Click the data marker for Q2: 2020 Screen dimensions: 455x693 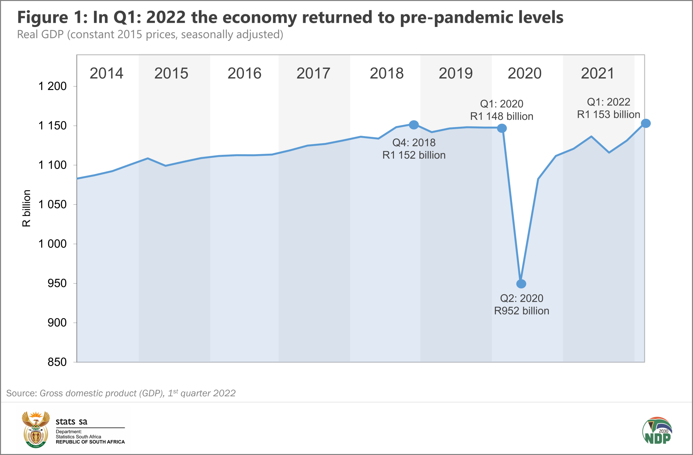(x=521, y=284)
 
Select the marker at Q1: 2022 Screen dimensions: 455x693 (x=646, y=123)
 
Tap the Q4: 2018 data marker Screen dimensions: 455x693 (x=414, y=125)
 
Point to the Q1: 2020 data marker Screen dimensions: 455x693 (x=502, y=128)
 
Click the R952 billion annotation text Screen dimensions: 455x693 (x=521, y=311)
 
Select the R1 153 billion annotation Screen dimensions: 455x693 (x=608, y=115)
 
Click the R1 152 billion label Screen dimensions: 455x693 (x=414, y=155)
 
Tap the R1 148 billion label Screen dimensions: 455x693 (x=501, y=116)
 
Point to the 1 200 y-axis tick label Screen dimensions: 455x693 (x=52, y=86)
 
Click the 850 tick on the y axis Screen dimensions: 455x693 (x=57, y=362)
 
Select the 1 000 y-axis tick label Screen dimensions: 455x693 (x=52, y=244)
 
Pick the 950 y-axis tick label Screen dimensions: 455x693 (x=57, y=283)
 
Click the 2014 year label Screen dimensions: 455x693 (x=106, y=73)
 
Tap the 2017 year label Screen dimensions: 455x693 (x=313, y=73)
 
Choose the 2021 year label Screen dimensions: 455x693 (x=597, y=73)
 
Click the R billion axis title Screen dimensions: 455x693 (x=26, y=208)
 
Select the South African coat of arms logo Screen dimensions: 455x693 (x=35, y=429)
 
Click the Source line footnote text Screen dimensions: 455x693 (x=121, y=393)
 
